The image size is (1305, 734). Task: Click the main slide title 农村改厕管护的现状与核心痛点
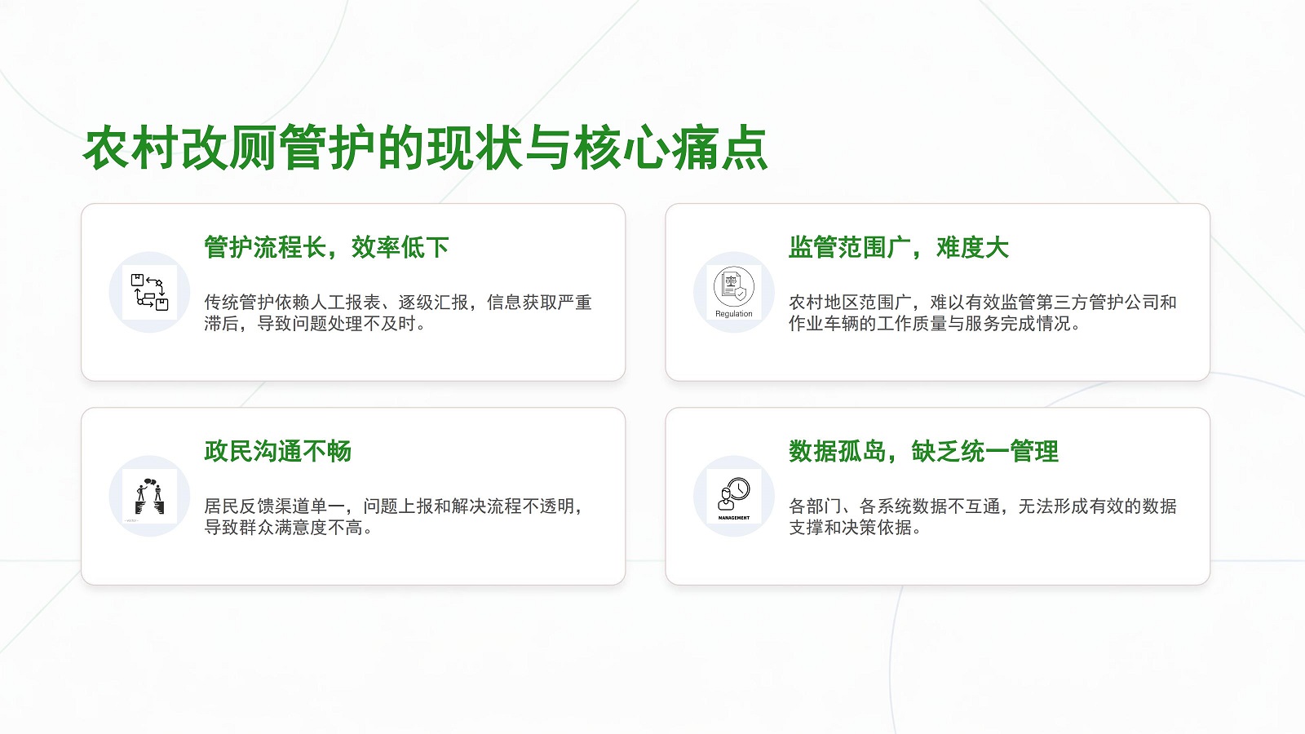[x=425, y=148]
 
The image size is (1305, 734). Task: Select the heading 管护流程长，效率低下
[x=326, y=248]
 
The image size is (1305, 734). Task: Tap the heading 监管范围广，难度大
[x=898, y=248]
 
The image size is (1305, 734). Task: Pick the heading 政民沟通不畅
[x=277, y=452]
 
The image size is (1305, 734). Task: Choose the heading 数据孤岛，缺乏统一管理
[x=922, y=452]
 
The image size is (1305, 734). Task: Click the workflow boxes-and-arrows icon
[x=149, y=292]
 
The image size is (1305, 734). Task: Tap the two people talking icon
[x=149, y=497]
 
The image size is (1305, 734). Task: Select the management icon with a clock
[x=733, y=494]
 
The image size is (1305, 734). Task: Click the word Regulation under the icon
[x=733, y=314]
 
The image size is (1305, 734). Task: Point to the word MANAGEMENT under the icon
[x=733, y=518]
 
